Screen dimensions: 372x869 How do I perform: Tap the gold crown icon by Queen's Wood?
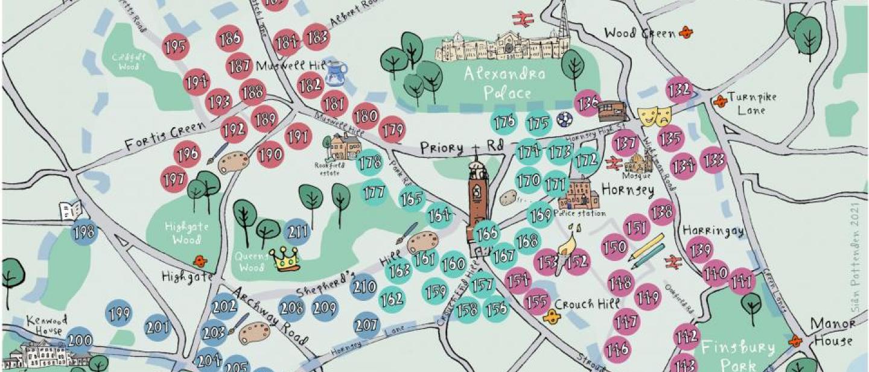pyautogui.click(x=285, y=260)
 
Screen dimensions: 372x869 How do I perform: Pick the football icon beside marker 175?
pyautogui.click(x=564, y=120)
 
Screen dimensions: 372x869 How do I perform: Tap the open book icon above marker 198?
pyautogui.click(x=70, y=210)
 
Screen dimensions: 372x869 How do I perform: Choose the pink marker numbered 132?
pyautogui.click(x=680, y=90)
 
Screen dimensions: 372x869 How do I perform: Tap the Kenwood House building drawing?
pyautogui.click(x=45, y=355)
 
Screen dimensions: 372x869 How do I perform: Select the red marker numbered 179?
pyautogui.click(x=392, y=130)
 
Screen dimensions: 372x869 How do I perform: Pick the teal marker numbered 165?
pyautogui.click(x=412, y=198)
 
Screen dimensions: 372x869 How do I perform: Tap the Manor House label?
pyautogui.click(x=832, y=332)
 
